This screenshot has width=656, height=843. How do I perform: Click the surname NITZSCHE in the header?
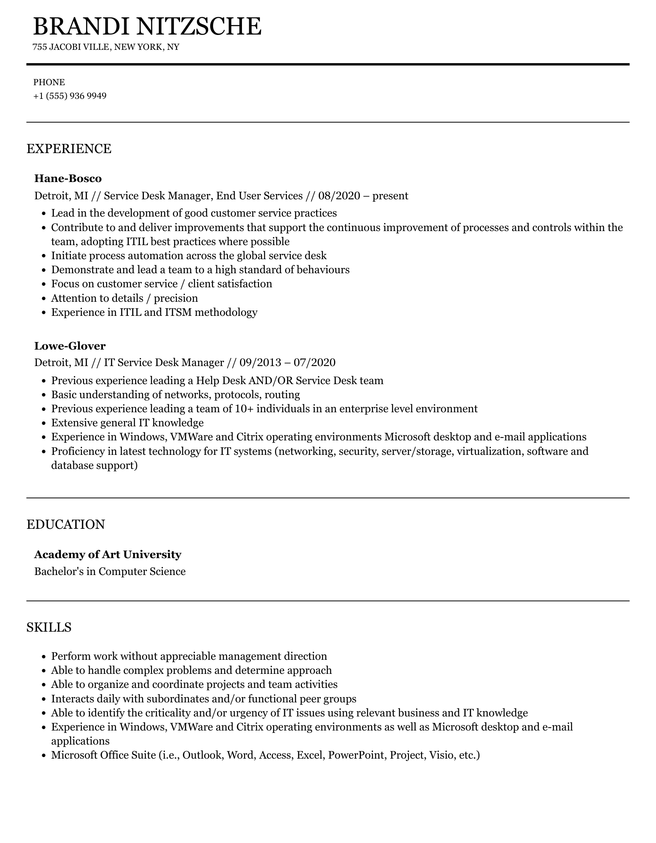[199, 27]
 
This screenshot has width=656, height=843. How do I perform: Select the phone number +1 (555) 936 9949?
[70, 96]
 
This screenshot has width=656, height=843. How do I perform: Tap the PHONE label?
[49, 82]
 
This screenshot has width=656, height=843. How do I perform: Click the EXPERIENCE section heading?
[69, 149]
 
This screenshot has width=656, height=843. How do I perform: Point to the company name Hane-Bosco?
[68, 178]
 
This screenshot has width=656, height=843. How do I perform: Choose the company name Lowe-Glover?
[70, 346]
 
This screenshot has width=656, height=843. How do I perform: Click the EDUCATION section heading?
[66, 524]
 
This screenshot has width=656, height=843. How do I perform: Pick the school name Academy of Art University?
[108, 554]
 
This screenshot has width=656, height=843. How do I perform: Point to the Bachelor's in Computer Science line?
[110, 571]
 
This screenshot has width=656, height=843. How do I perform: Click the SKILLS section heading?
[49, 627]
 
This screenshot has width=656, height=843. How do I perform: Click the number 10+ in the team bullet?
[244, 409]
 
